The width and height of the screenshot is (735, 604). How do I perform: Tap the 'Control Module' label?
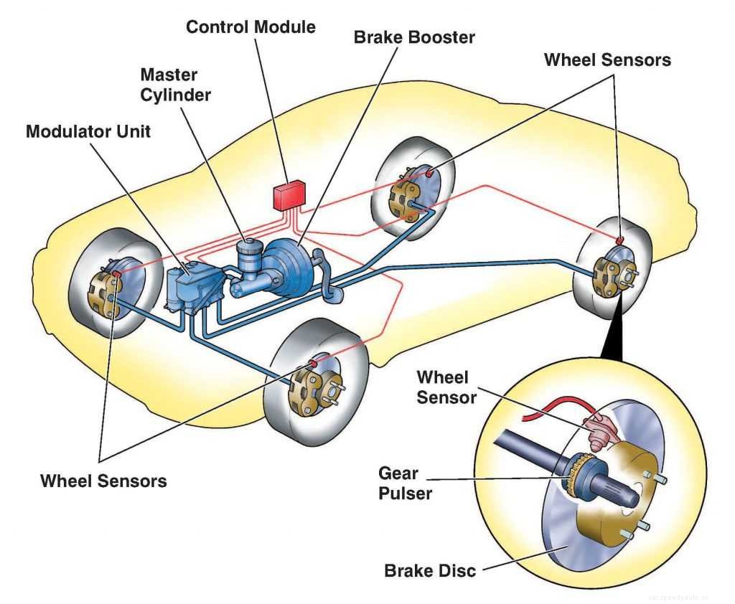point(251,27)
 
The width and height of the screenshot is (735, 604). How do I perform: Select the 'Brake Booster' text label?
point(414,37)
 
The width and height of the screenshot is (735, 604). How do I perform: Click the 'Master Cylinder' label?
point(175,84)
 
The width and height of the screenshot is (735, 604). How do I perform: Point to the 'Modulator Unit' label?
point(88,131)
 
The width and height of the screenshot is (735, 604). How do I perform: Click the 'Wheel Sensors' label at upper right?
point(607,60)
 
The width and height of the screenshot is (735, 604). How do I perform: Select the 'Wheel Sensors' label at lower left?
point(103,480)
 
